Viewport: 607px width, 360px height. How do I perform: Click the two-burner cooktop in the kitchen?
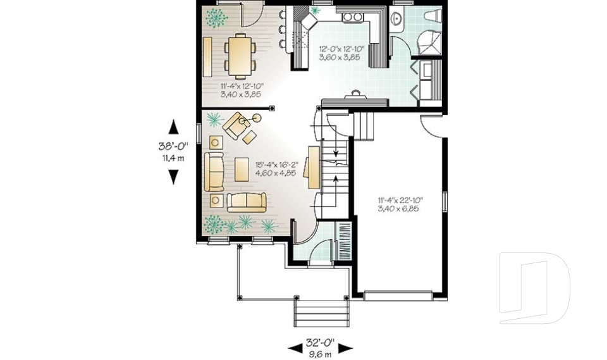pos(352,17)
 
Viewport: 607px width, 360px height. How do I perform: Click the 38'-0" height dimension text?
pos(171,146)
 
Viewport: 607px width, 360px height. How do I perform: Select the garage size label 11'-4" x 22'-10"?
pos(400,204)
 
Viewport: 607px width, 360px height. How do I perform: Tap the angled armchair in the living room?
pos(236,125)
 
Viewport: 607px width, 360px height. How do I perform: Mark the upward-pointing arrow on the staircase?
pos(334,180)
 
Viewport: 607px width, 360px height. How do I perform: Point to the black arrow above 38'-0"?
pos(173,126)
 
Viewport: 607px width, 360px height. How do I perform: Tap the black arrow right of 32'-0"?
pos(345,347)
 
